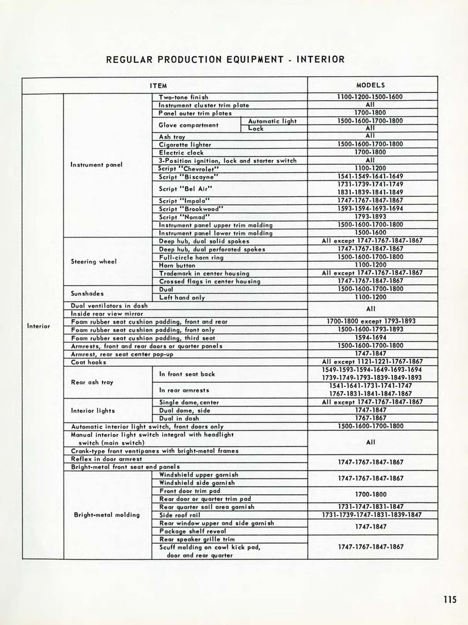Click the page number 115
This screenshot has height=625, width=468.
coord(450,599)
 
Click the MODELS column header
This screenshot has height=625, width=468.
coord(370,85)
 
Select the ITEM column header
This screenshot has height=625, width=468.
coord(159,85)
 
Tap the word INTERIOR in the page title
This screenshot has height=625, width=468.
coord(320,59)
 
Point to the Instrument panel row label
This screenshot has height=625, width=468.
coord(96,164)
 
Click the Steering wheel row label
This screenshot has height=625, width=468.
coord(94,261)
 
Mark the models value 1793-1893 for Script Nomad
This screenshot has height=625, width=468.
coord(370,217)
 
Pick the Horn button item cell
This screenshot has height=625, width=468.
coord(178,265)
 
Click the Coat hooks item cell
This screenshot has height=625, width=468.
coord(89,361)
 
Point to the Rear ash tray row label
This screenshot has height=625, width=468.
coord(92,382)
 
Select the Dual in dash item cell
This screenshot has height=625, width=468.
coord(179,418)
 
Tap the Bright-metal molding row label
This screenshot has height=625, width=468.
coord(107,515)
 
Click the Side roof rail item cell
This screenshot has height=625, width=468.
coord(180,515)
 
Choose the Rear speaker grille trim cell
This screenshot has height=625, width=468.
coord(196,539)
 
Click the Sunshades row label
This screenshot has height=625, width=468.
coord(88,294)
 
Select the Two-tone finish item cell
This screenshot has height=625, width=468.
coord(184,97)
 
